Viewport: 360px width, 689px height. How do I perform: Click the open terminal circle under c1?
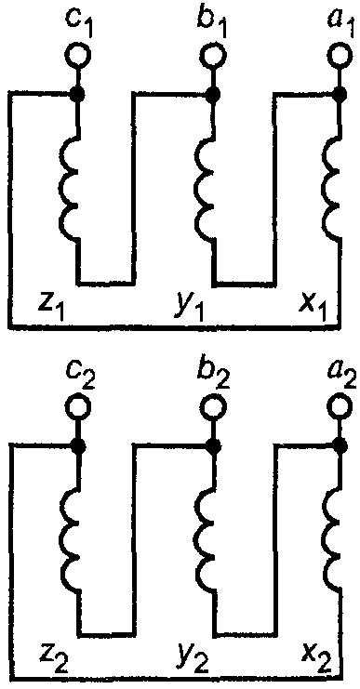coord(78,55)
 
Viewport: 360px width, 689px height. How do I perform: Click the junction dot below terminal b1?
coord(214,93)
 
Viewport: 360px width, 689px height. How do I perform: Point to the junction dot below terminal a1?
coord(340,93)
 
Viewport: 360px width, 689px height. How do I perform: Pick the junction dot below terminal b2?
coord(214,446)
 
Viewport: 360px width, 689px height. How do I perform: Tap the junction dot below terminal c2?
coord(78,446)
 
